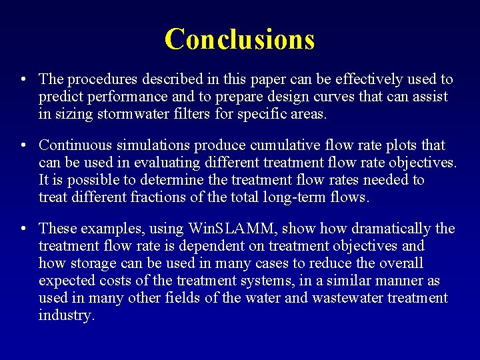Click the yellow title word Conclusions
tap(239, 39)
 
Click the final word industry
tap(66, 315)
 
